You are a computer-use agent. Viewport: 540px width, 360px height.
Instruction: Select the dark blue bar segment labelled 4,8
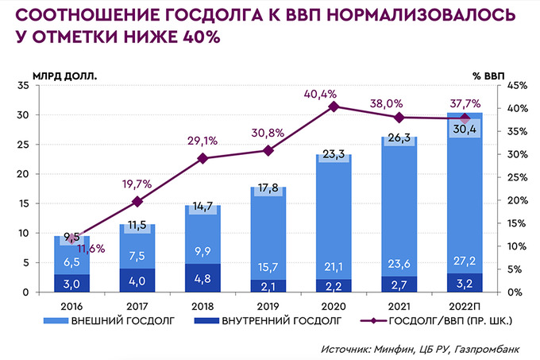(x=202, y=278)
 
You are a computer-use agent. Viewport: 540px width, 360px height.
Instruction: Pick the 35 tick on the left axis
(x=21, y=86)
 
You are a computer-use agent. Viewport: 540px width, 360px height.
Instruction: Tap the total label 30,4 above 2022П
(x=464, y=130)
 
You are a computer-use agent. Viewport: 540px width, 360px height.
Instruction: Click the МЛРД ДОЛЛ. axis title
(x=64, y=76)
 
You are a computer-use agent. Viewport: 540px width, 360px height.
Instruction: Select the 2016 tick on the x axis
(x=72, y=304)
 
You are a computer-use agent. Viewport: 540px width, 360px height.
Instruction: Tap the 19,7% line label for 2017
(x=137, y=184)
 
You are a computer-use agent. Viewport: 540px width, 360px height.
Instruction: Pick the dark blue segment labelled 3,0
(x=72, y=284)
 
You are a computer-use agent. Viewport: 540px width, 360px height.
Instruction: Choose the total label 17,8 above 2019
(x=268, y=188)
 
